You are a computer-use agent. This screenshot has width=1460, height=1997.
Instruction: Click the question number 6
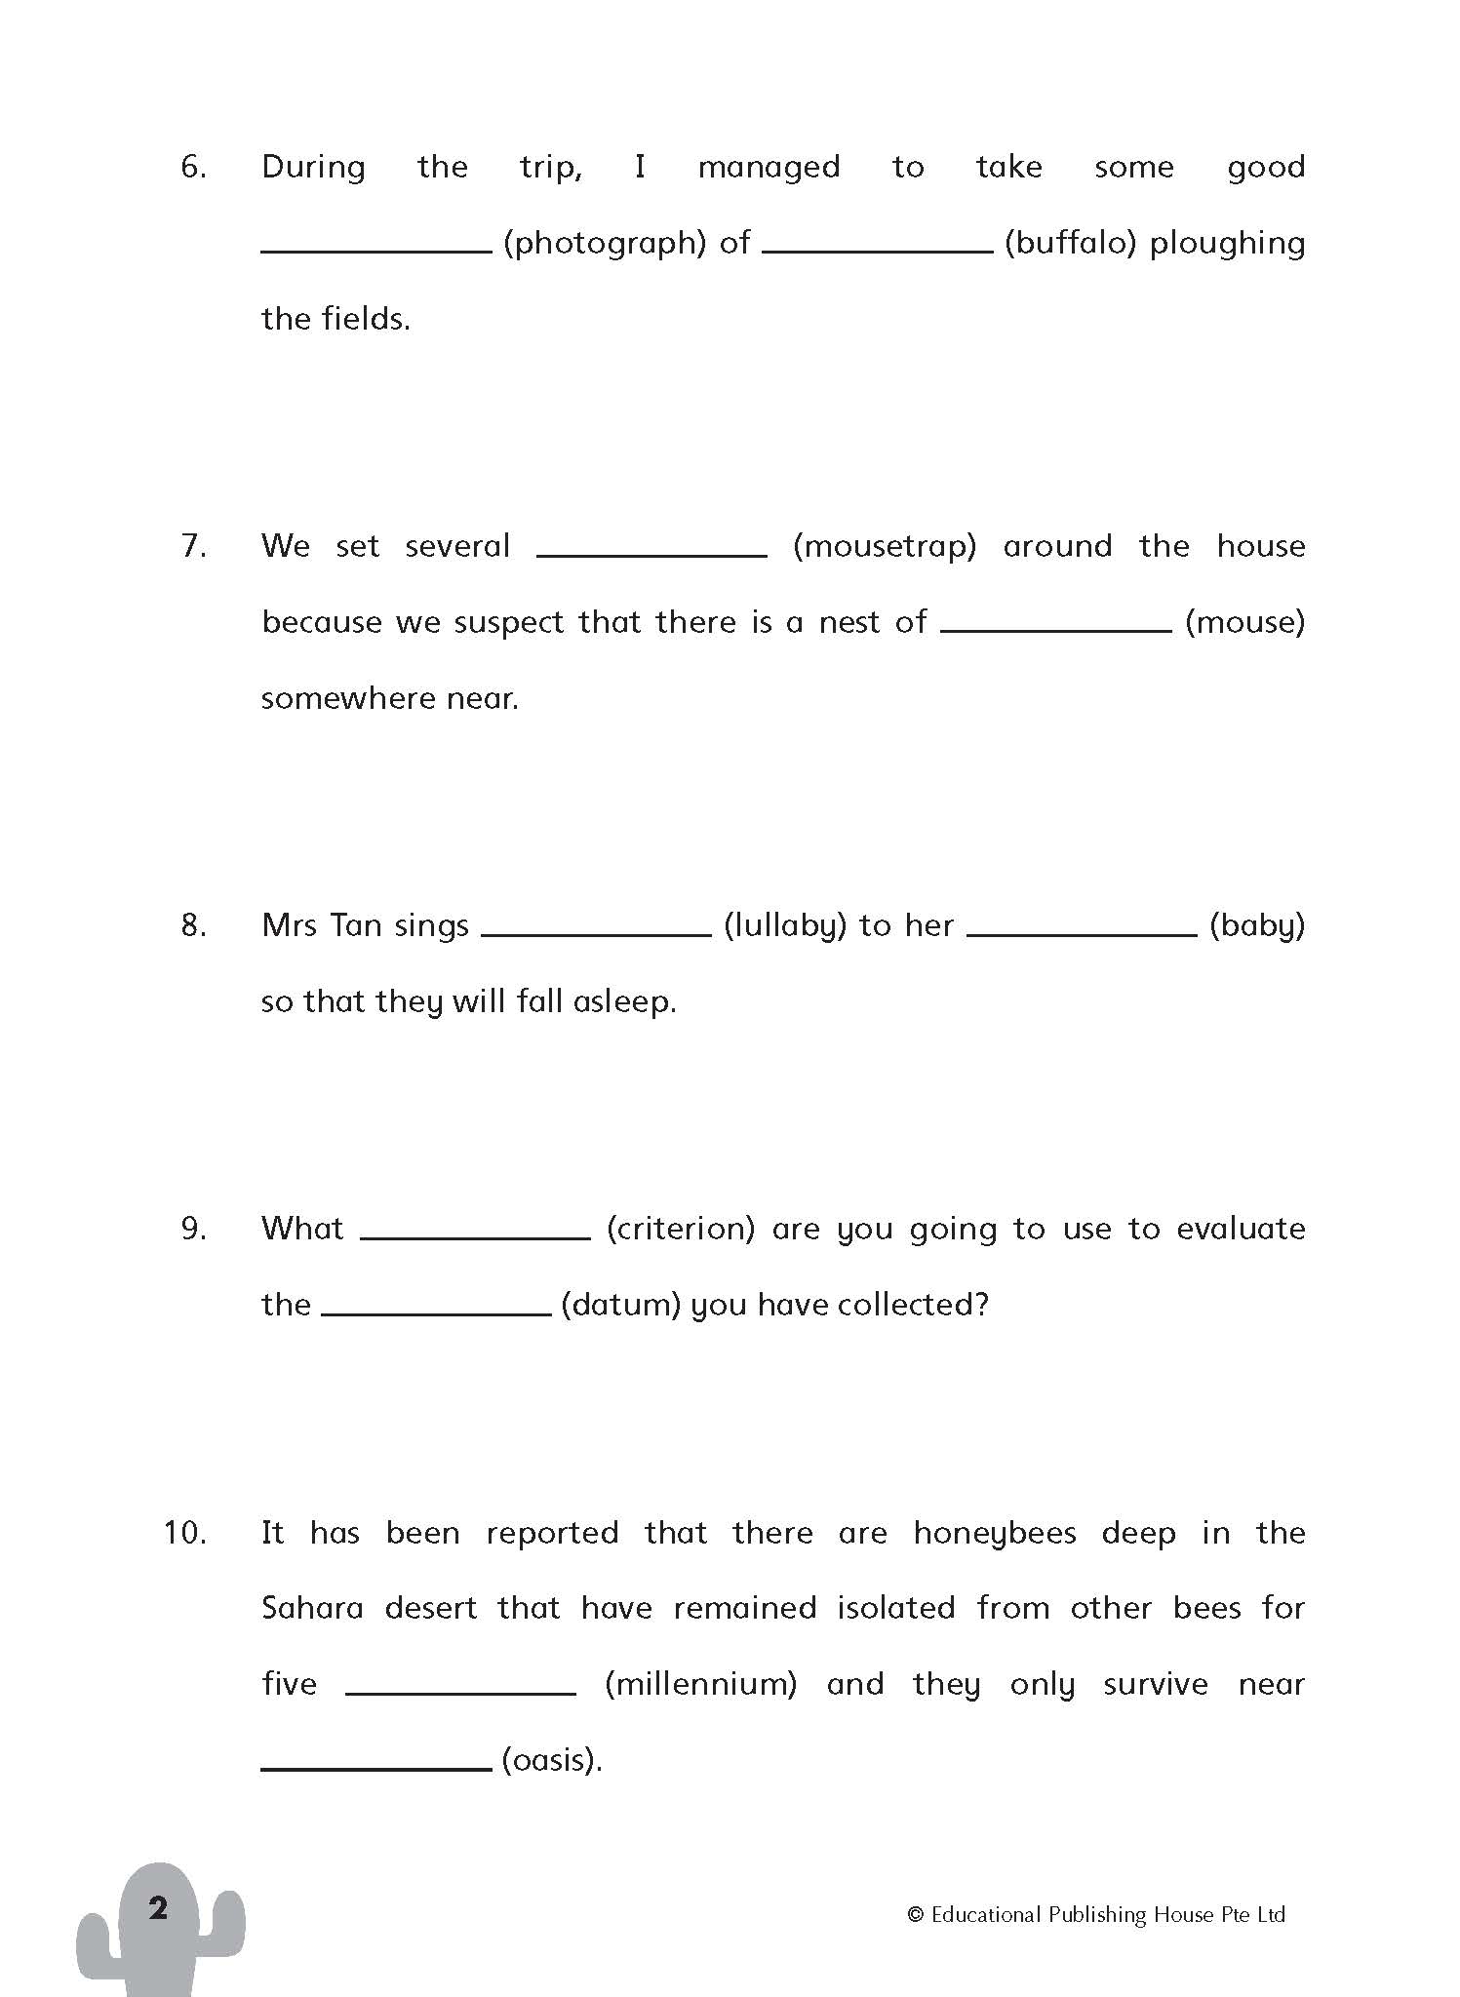[193, 167]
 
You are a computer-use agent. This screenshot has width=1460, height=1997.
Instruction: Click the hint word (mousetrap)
[885, 546]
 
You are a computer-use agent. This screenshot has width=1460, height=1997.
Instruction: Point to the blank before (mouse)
[1056, 629]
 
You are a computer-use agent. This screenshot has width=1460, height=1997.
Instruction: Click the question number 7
[194, 546]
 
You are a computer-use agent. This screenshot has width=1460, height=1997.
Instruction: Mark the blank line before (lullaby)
[596, 933]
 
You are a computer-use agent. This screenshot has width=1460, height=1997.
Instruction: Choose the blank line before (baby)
[1082, 933]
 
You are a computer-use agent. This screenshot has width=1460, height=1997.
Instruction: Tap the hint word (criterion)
[681, 1229]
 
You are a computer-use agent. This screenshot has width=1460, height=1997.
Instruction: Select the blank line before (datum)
[436, 1312]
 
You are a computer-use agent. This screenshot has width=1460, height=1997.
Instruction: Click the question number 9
[194, 1229]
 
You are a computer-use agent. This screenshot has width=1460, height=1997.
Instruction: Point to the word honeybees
[994, 1534]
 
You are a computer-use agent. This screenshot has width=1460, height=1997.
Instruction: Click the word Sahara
[312, 1608]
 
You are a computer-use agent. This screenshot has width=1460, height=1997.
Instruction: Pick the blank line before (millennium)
[460, 1692]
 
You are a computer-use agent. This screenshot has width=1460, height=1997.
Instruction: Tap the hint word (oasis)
[551, 1760]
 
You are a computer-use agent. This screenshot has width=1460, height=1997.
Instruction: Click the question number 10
[185, 1533]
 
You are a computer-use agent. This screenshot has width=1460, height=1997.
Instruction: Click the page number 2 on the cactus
[158, 1908]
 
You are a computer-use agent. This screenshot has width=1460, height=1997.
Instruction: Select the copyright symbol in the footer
[915, 1915]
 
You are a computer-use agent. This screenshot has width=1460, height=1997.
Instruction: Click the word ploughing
[1227, 244]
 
